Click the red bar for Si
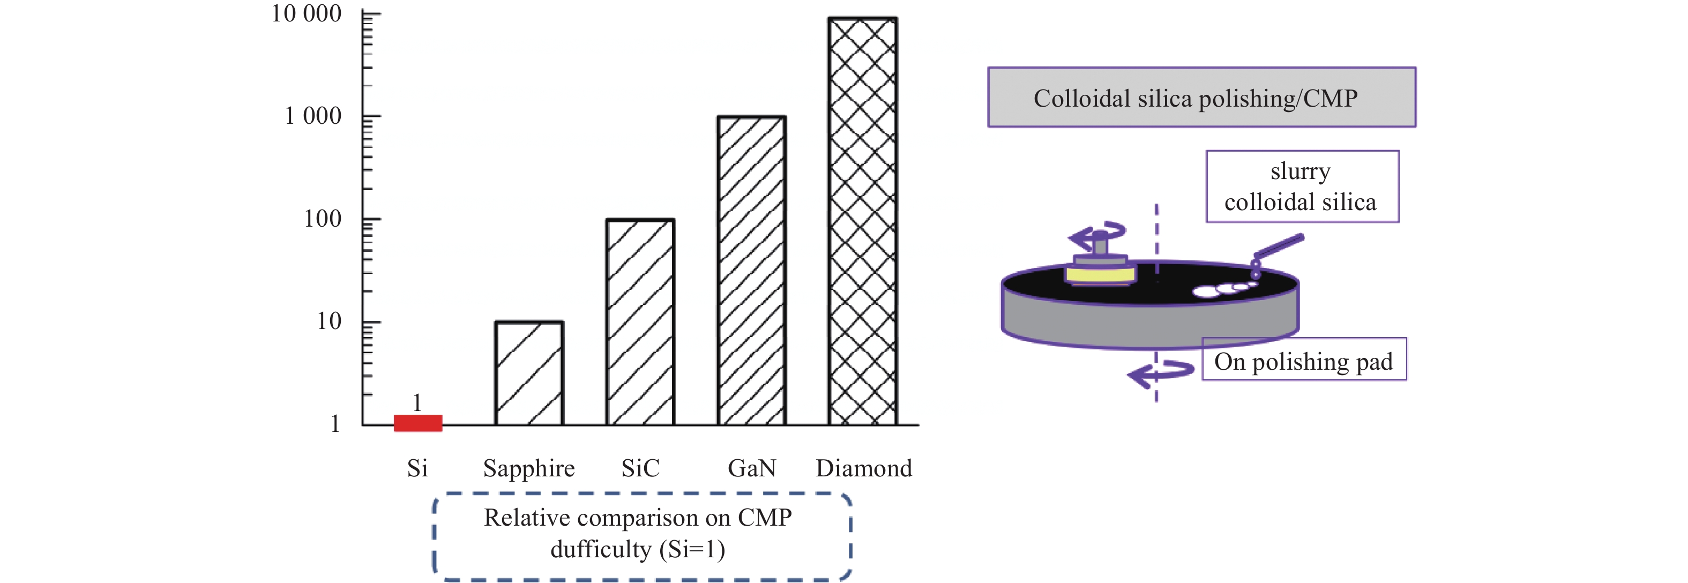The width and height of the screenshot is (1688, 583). (x=417, y=422)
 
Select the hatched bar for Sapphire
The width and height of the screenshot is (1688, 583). (x=529, y=373)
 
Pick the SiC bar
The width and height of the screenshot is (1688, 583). (x=640, y=322)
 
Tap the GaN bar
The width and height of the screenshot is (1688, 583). (x=752, y=271)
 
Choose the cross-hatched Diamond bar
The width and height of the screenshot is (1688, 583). (x=862, y=221)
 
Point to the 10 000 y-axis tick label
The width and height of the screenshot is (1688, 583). (x=306, y=14)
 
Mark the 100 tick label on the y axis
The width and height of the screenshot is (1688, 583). (x=323, y=219)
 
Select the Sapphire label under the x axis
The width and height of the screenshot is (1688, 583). (x=529, y=469)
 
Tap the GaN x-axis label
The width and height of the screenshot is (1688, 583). (x=752, y=468)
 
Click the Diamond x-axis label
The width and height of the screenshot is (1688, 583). (x=864, y=468)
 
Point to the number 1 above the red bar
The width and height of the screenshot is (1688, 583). (x=417, y=402)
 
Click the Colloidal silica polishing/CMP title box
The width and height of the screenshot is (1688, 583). (x=1202, y=97)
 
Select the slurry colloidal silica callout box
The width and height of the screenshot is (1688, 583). (x=1302, y=186)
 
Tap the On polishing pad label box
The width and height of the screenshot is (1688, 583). (x=1304, y=359)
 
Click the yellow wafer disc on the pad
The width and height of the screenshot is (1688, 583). (x=1100, y=273)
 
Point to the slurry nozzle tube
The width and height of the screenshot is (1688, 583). (x=1278, y=248)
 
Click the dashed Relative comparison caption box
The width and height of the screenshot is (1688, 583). (x=642, y=536)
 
